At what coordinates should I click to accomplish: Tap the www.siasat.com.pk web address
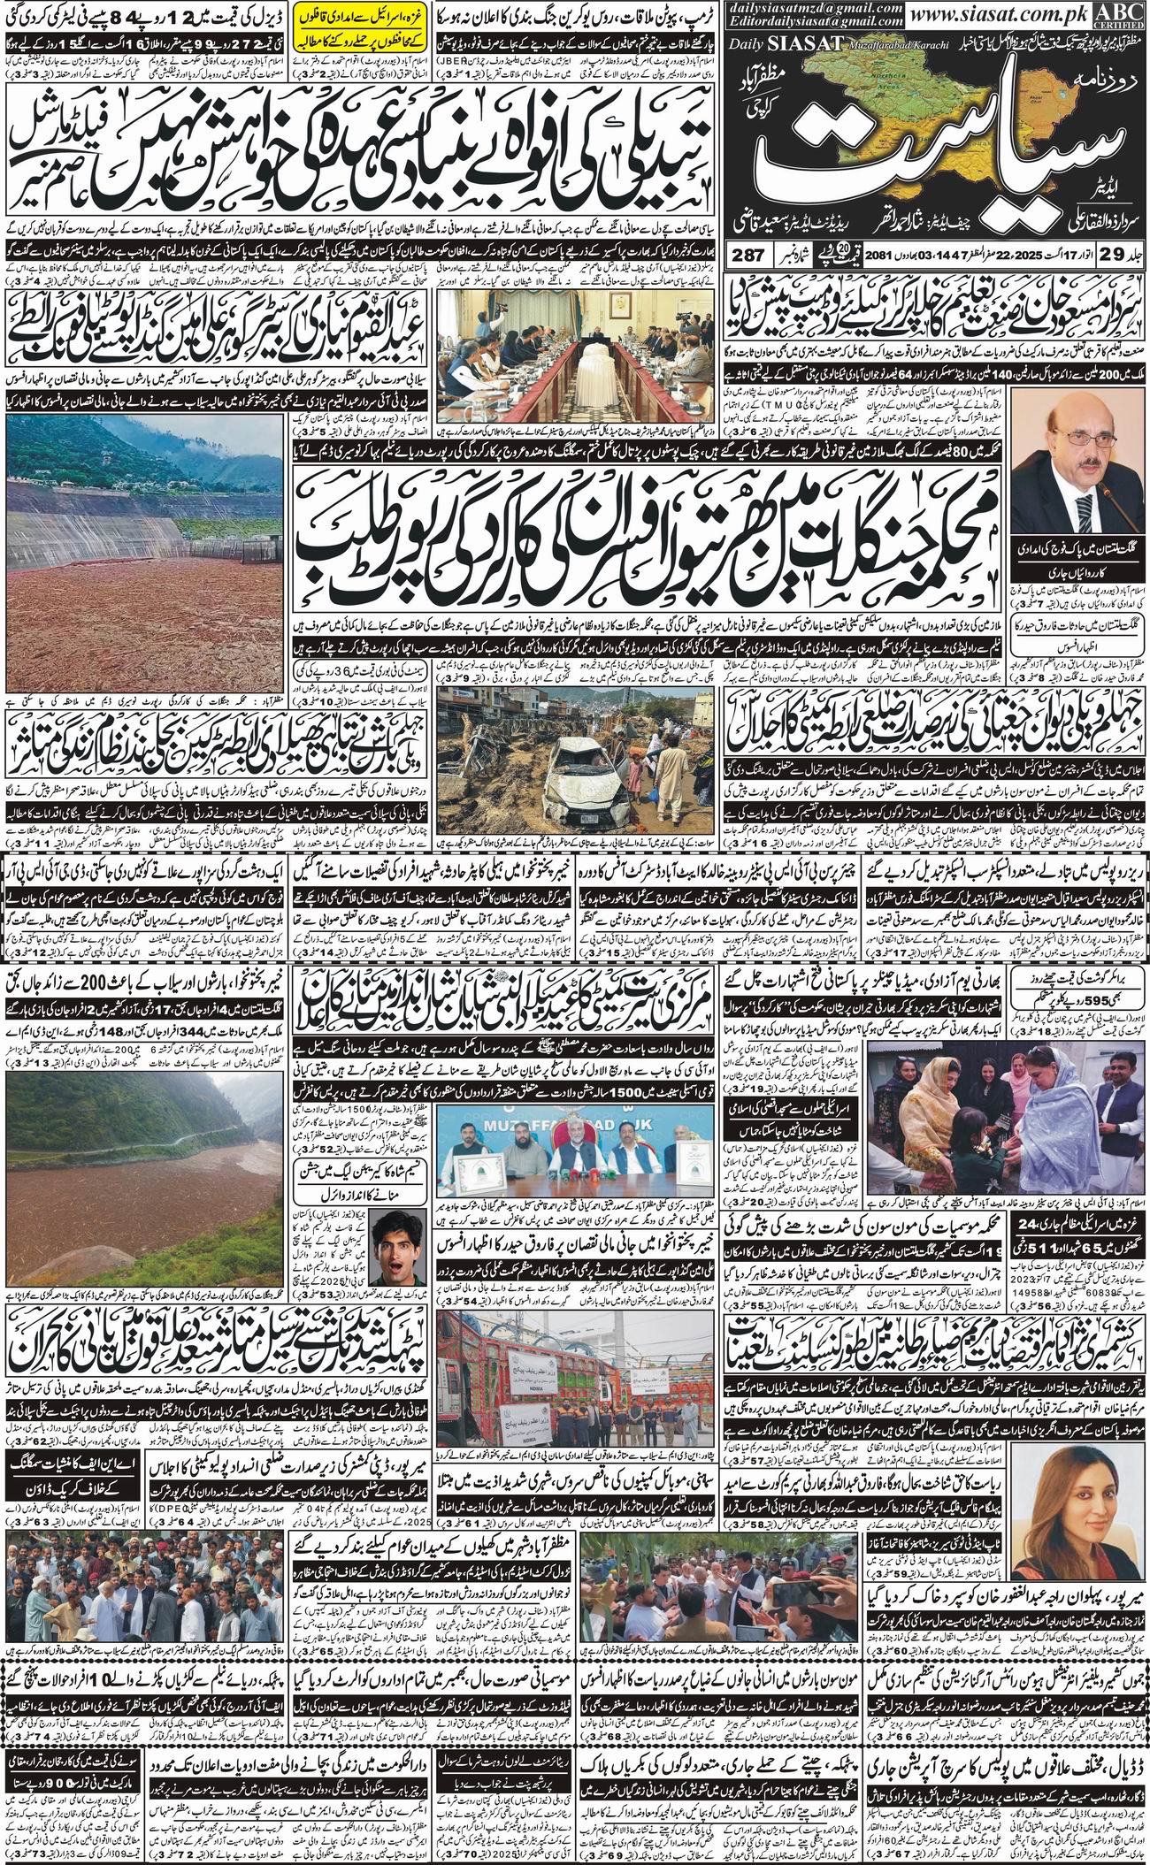pyautogui.click(x=1025, y=15)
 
